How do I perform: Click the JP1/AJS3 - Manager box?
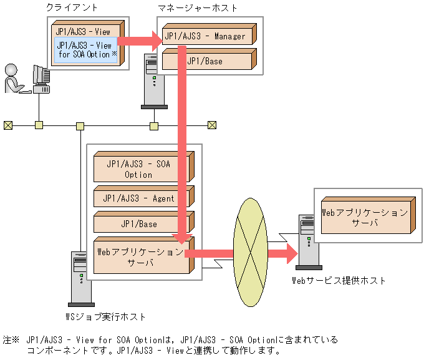click(x=206, y=36)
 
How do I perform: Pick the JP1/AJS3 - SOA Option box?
click(x=141, y=169)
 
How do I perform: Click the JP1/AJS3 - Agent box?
click(x=141, y=198)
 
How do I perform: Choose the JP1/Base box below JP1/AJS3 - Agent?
click(x=141, y=223)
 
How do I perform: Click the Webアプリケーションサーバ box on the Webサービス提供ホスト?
click(x=365, y=217)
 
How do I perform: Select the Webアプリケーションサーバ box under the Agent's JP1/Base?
click(x=141, y=256)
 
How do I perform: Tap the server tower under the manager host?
click(x=153, y=81)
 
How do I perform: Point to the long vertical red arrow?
click(x=183, y=144)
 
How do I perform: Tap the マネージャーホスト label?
click(x=199, y=7)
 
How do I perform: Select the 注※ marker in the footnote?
click(x=11, y=340)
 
